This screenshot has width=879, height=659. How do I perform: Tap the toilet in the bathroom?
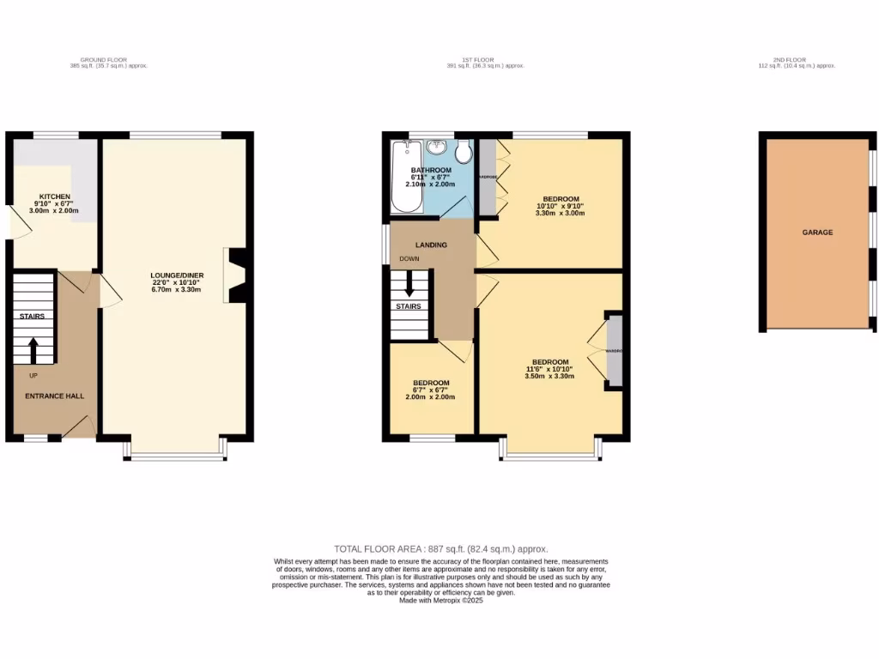(x=464, y=152)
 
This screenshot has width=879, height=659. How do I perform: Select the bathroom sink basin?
(x=435, y=146)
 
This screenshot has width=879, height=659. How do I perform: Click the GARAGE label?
(x=817, y=232)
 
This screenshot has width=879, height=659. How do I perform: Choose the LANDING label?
(x=431, y=245)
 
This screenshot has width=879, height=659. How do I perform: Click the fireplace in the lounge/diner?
(x=234, y=275)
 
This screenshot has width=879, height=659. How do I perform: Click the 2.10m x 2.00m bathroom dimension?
(x=430, y=184)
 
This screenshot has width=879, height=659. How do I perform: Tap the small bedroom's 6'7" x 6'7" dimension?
(x=430, y=390)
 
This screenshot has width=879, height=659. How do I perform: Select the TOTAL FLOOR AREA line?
(x=440, y=549)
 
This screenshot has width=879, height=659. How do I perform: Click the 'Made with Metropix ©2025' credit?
(x=441, y=601)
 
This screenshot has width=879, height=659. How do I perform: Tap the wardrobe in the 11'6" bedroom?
(x=614, y=351)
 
